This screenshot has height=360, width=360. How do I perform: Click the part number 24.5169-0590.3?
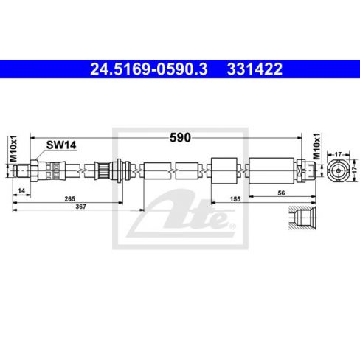pos(149,69)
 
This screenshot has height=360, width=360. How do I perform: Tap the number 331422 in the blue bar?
pos(255,69)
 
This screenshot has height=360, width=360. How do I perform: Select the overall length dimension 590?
pos(180,138)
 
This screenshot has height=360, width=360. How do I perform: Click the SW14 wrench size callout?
pos(61,145)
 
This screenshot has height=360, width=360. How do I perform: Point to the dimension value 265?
pos(70,198)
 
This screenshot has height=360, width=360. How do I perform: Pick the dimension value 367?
pos(80,207)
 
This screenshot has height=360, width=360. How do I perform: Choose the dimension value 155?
pos(235,198)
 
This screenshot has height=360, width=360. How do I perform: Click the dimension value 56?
pos(281,193)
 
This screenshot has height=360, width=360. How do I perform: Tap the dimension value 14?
pos(21,190)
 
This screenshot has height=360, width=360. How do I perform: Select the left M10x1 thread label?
pos(13,148)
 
